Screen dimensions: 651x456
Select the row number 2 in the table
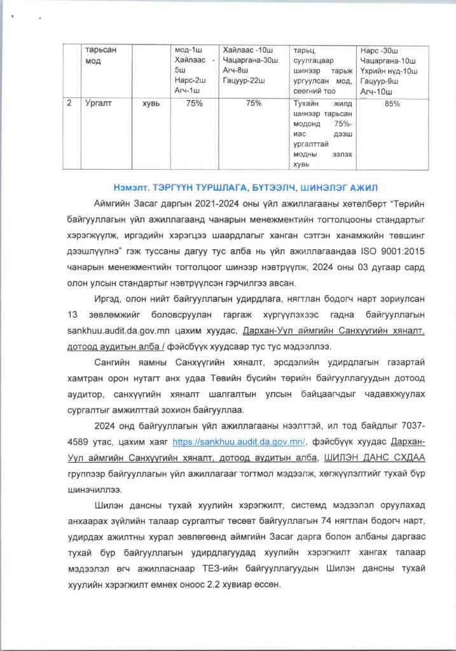pyautogui.click(x=69, y=104)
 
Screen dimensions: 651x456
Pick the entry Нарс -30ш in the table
pyautogui.click(x=380, y=50)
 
